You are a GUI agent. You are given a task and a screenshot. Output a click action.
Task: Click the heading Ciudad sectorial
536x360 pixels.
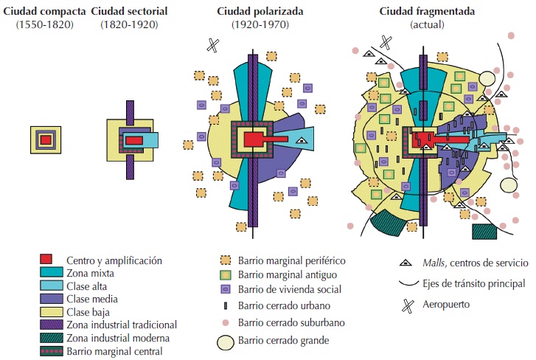(x=130, y=13)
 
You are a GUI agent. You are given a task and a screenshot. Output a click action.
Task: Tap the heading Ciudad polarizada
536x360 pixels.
(x=253, y=13)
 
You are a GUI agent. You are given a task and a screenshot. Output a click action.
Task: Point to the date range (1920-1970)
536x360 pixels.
(x=253, y=25)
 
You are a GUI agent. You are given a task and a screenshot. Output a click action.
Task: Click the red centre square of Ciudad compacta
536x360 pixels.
(x=46, y=139)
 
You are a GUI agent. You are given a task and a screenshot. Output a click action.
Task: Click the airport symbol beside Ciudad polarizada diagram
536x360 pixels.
(x=212, y=44)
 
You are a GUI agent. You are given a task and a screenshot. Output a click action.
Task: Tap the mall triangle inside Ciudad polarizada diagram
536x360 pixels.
(x=300, y=139)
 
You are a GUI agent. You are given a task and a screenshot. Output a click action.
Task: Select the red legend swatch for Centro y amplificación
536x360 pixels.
(x=46, y=260)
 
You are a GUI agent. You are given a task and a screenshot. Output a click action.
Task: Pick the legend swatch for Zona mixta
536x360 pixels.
(x=46, y=273)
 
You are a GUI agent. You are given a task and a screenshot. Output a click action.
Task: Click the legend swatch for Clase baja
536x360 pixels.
(x=46, y=312)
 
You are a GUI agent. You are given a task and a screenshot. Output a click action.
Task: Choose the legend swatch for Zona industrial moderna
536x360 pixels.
(x=46, y=338)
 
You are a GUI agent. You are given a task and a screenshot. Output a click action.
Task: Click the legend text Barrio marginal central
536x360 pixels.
(x=114, y=351)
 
